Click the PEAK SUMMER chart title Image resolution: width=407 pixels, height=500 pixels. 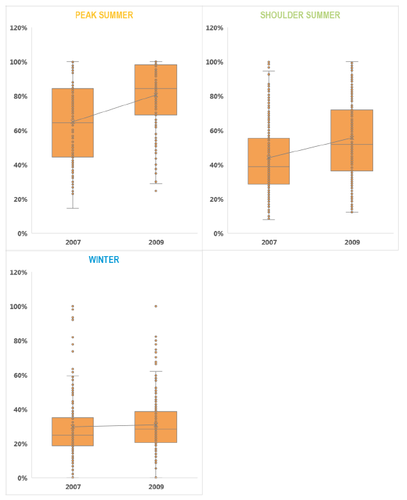coord(104,15)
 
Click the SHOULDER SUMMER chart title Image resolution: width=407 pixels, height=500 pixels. coord(300,15)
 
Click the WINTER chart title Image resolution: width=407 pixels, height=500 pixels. coord(104,260)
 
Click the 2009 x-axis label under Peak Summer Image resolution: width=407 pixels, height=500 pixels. coord(155,242)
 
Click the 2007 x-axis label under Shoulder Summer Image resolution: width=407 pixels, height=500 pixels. coord(269,242)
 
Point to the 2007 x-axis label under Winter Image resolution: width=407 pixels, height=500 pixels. coord(73,486)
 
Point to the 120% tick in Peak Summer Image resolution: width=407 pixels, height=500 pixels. coord(18,28)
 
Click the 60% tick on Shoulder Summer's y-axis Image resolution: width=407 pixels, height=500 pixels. coord(214,130)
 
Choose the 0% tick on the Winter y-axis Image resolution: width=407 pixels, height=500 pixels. coord(22,478)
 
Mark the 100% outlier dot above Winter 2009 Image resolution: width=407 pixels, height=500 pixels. coord(155,306)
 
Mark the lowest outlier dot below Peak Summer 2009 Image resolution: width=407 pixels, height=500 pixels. coord(155,191)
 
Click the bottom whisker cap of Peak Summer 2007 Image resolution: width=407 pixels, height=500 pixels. coord(73,208)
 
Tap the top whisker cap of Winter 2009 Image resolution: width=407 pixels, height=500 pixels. coord(155,371)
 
